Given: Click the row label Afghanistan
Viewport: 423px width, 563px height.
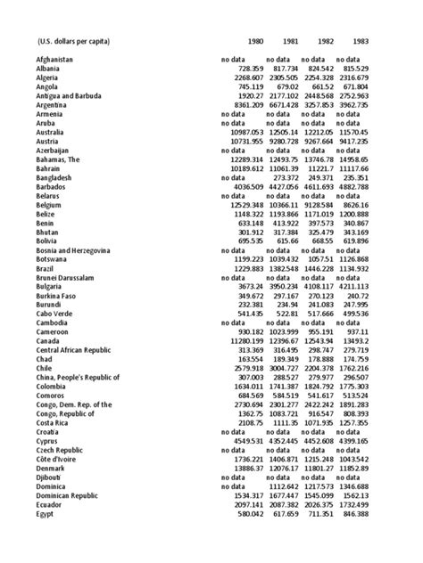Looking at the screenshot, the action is click(48, 59).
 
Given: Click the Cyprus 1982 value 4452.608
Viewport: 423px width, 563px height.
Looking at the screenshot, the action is click(323, 442).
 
